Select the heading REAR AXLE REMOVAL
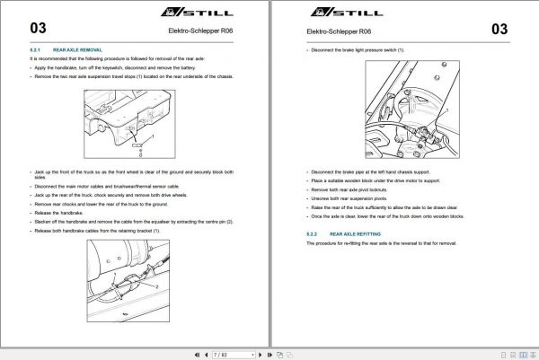[x=78, y=50]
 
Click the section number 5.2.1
[x=36, y=50]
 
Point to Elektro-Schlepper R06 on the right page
[x=332, y=32]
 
